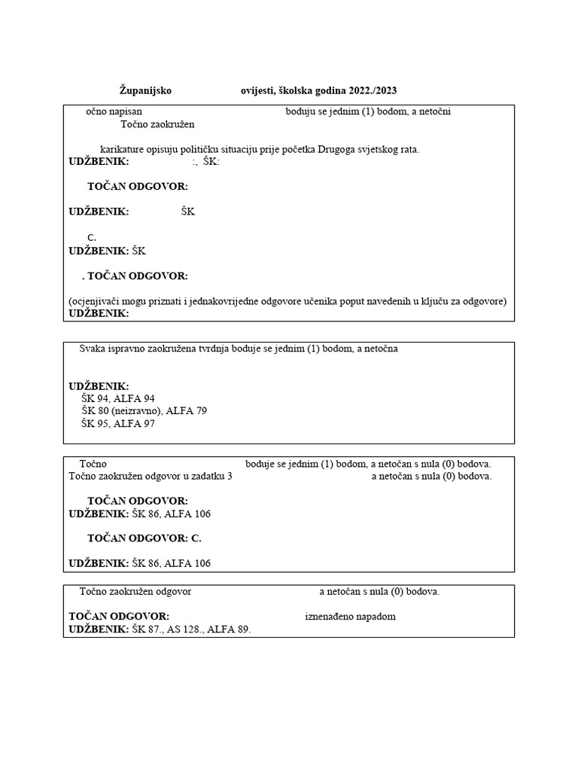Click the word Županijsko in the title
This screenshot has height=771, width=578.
pyautogui.click(x=146, y=90)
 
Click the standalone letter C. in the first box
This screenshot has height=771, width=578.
pyautogui.click(x=92, y=238)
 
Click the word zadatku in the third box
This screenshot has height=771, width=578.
pyautogui.click(x=205, y=476)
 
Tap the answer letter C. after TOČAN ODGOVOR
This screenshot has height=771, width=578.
pyautogui.click(x=196, y=538)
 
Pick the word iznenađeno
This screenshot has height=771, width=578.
pyautogui.click(x=330, y=617)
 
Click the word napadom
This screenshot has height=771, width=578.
pyautogui.click(x=376, y=617)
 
